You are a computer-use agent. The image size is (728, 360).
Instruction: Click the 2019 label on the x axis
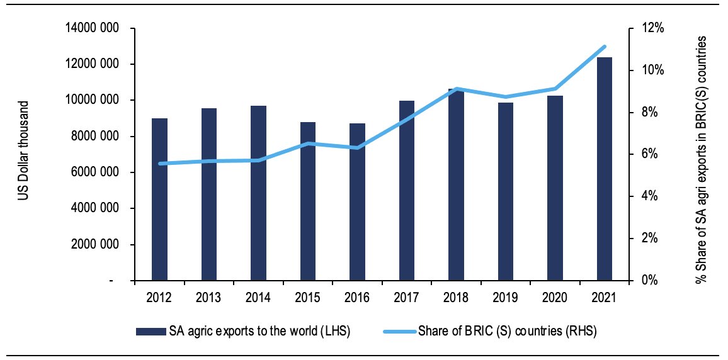pos(506,298)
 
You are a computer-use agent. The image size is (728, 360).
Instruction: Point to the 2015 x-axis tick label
pos(308,298)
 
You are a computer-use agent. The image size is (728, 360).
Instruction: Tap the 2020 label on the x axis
pos(555,298)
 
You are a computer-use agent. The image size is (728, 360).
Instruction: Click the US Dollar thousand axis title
pos(23,151)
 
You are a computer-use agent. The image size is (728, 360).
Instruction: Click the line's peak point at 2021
pos(605,47)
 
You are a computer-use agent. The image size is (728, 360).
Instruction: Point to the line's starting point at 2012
pos(160,164)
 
